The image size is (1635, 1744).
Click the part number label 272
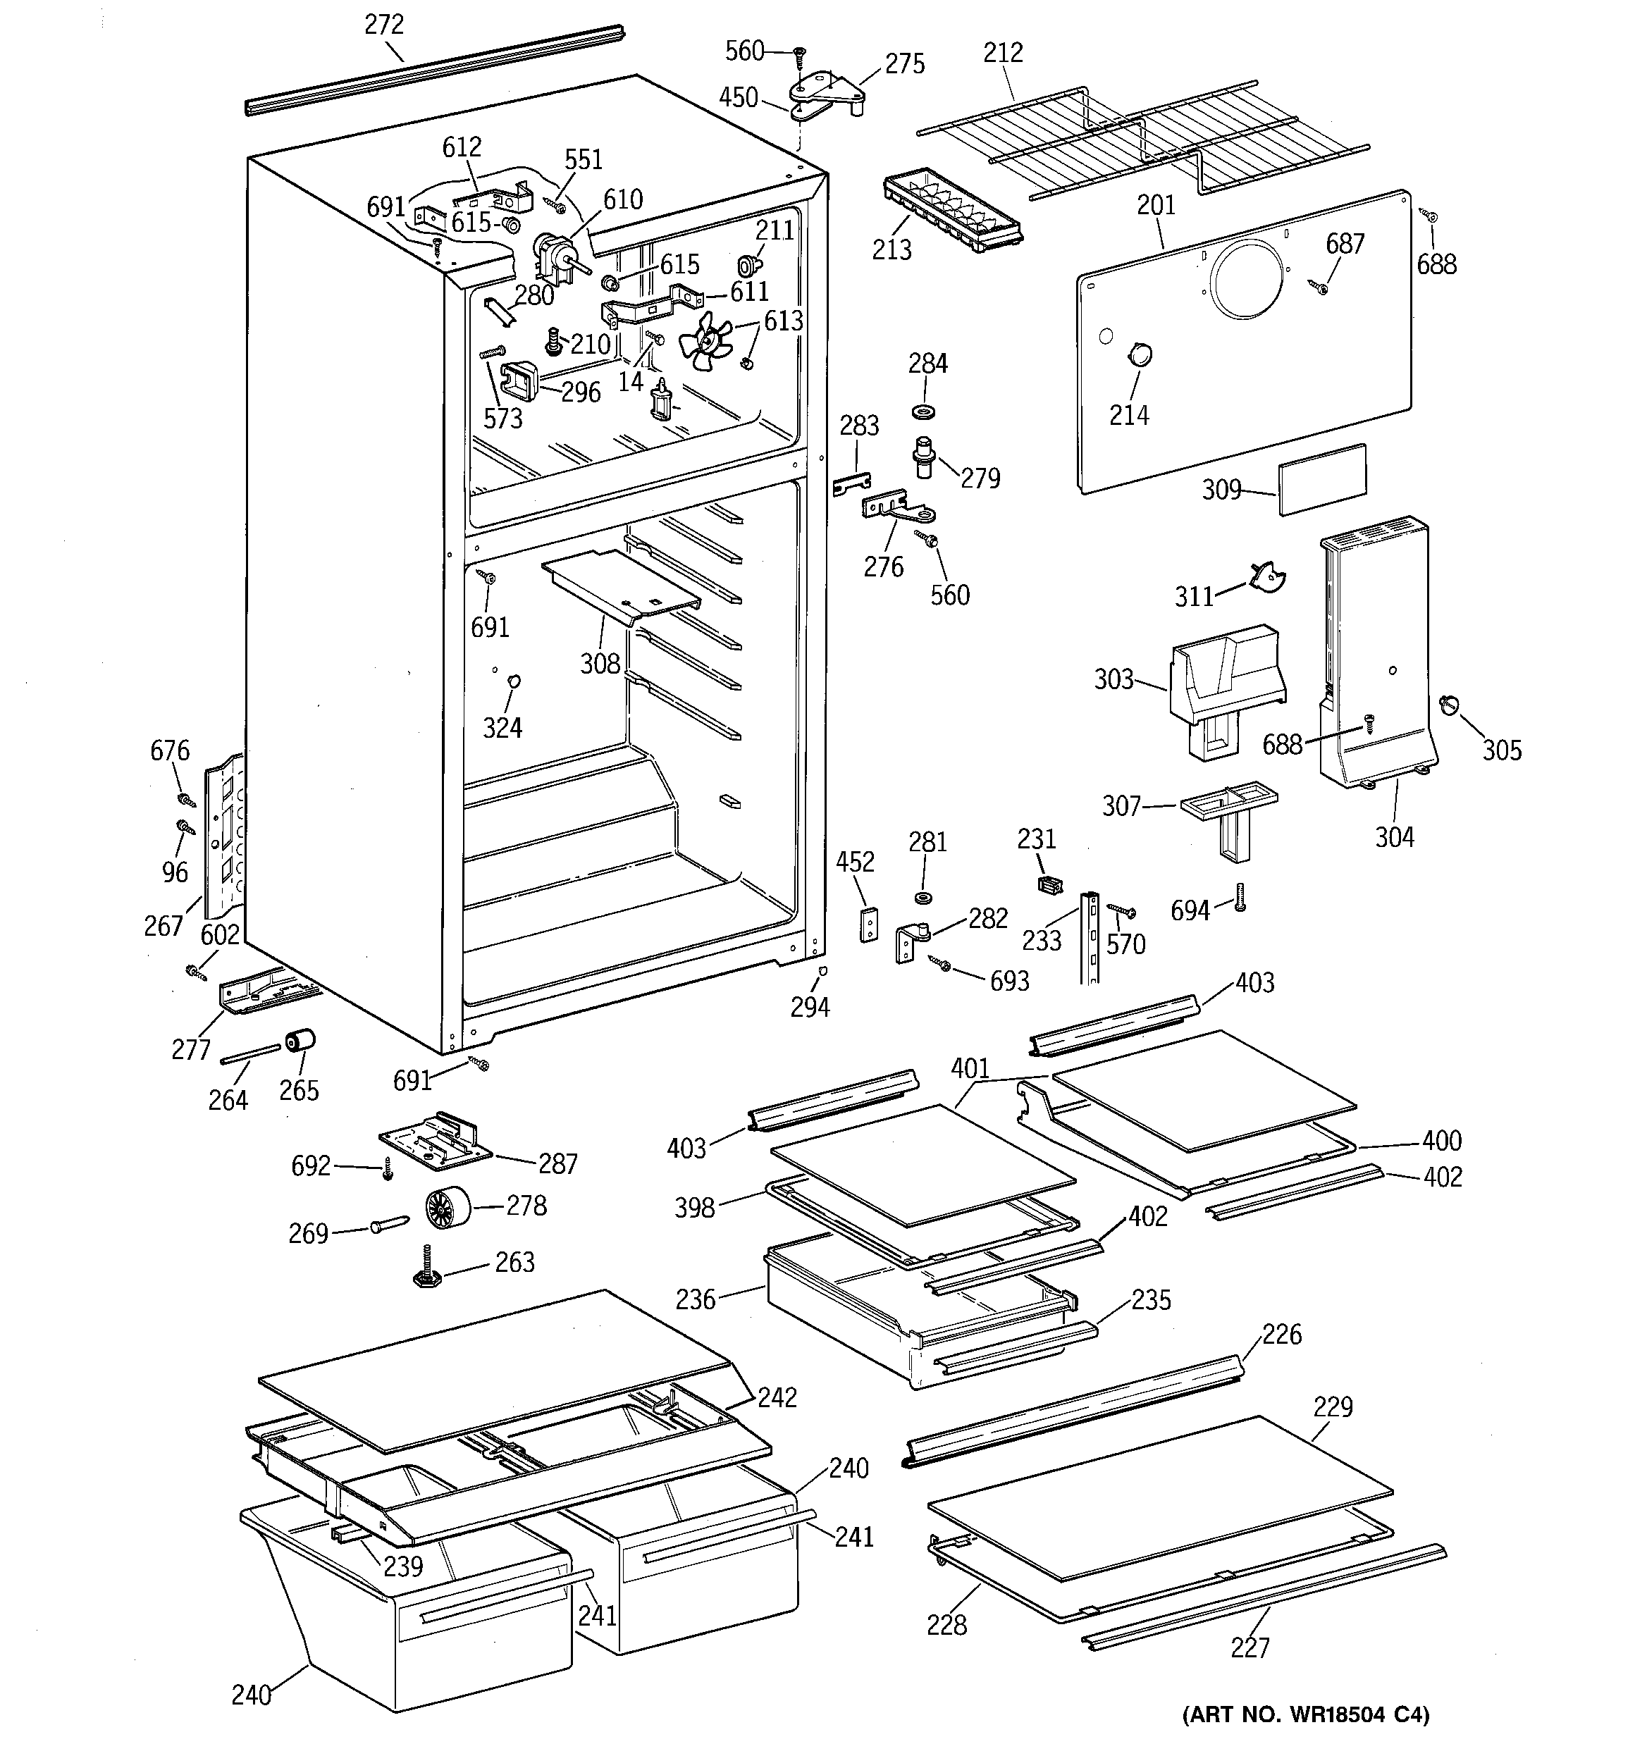383,25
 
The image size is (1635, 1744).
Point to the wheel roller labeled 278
447,1209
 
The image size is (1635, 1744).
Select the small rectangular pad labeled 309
1321,479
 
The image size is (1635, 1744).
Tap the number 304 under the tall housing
1395,838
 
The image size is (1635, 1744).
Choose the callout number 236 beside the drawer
695,1299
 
